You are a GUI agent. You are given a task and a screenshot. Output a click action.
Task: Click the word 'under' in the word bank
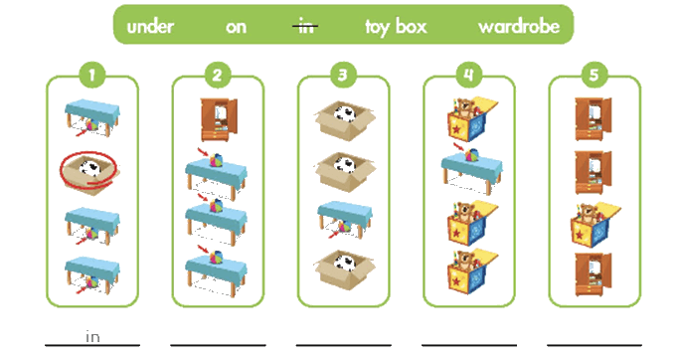150,27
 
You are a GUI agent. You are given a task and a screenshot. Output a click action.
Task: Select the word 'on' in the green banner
236,27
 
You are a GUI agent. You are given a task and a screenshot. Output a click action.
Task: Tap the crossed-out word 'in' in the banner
305,27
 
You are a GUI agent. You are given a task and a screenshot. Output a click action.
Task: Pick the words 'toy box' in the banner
396,27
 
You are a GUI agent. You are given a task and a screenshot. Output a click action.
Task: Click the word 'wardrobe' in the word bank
519,27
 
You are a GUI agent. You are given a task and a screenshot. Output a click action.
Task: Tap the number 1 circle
91,75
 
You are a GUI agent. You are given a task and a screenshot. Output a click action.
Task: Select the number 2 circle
218,75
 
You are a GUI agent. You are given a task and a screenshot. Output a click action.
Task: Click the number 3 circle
343,75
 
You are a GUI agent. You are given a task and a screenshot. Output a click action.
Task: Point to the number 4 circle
468,75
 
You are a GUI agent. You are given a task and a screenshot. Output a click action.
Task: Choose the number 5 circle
594,75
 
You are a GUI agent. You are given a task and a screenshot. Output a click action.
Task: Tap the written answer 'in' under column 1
92,336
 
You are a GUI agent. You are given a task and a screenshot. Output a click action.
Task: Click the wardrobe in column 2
219,119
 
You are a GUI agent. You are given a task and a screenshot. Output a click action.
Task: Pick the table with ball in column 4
472,170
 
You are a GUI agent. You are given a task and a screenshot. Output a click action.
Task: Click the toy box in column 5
595,225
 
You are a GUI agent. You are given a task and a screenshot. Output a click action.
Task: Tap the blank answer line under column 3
343,345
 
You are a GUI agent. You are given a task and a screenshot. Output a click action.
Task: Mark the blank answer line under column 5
595,345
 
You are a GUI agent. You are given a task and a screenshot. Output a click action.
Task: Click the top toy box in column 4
472,119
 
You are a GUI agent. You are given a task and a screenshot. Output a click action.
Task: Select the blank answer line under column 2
218,345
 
